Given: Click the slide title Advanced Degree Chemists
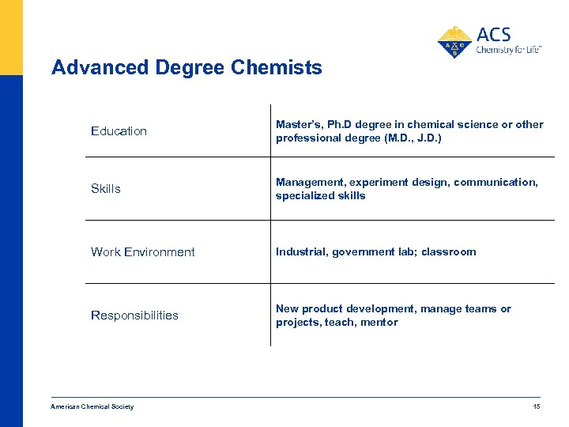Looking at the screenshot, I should click(x=187, y=68).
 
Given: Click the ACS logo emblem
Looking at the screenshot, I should click(x=454, y=42).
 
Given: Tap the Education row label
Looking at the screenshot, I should click(x=119, y=131).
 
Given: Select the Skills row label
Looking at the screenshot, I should click(x=106, y=189).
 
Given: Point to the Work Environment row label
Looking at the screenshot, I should click(x=142, y=252).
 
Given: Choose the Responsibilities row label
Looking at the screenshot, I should click(x=134, y=316).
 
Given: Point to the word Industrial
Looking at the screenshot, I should click(x=301, y=252).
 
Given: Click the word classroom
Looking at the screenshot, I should click(x=448, y=252).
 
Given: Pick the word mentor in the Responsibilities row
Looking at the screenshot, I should click(x=380, y=323).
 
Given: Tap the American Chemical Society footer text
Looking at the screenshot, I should click(x=92, y=406).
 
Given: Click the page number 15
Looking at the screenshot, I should click(x=537, y=406).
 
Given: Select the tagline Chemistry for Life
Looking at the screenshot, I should click(x=508, y=49).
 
